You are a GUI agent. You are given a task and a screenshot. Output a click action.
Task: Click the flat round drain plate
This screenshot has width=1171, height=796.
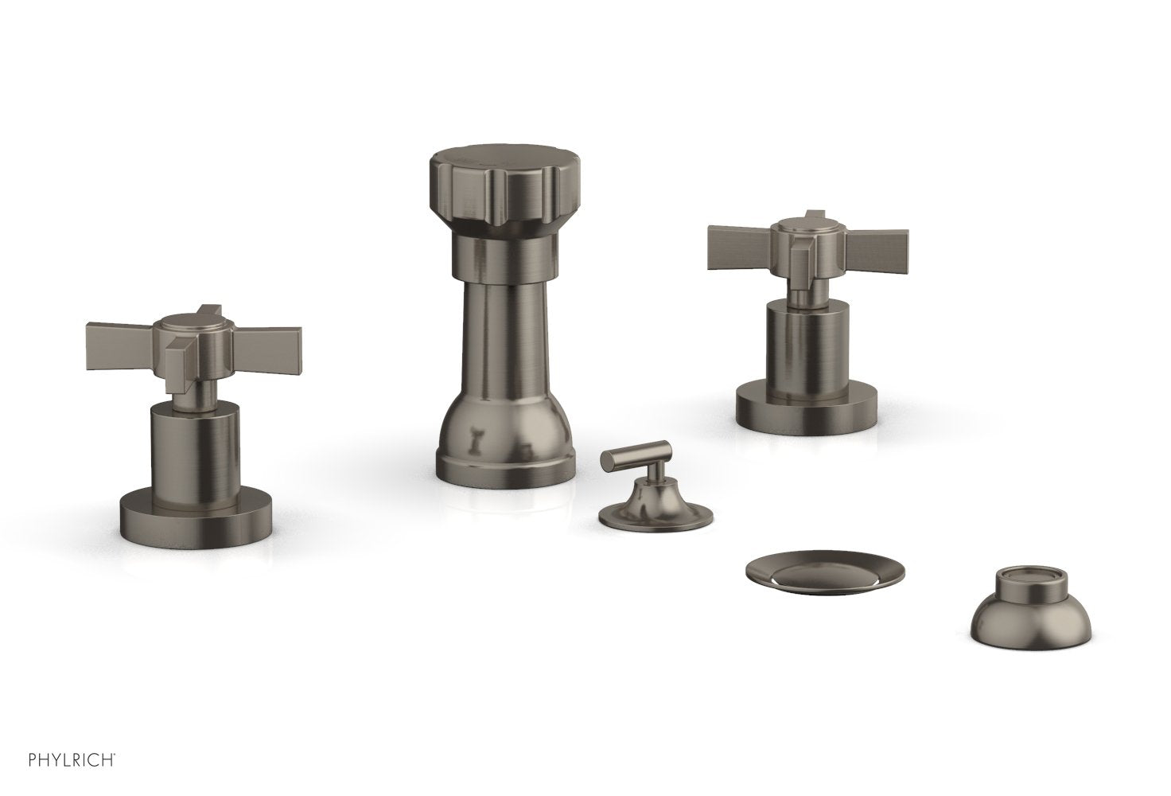825,572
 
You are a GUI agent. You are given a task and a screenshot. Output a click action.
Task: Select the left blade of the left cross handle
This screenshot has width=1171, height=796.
120,346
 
